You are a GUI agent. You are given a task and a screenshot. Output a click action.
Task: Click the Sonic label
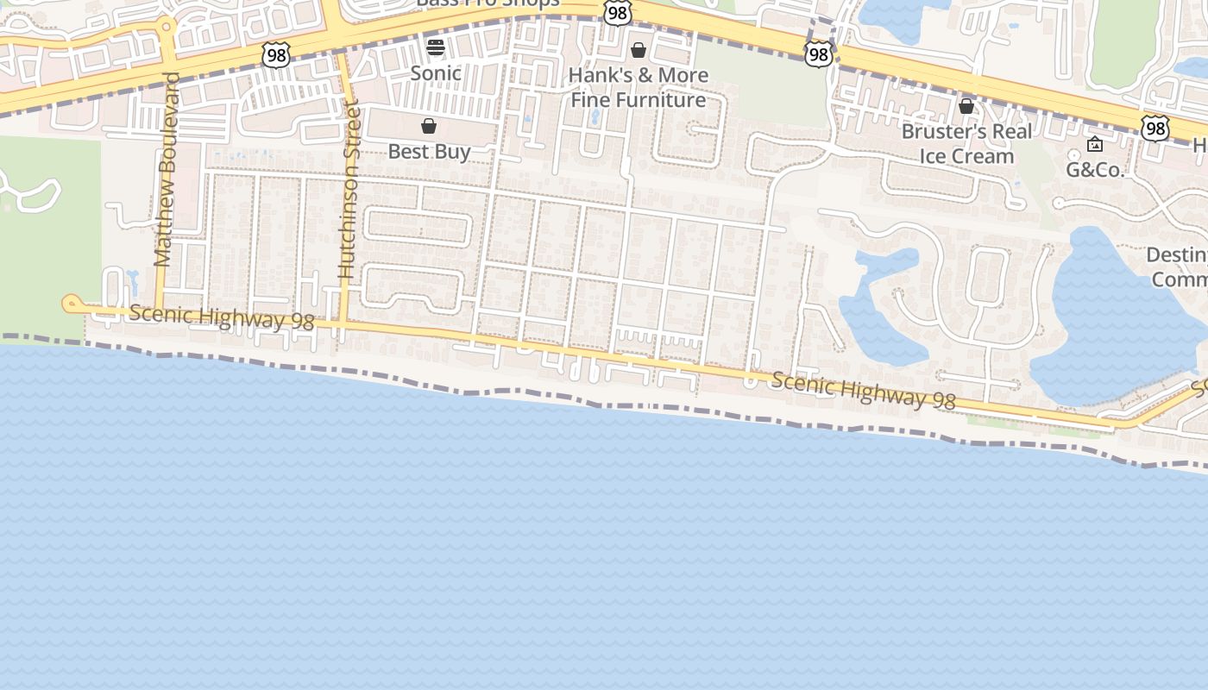(x=436, y=73)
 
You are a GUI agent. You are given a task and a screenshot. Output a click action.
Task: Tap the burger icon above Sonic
(x=436, y=47)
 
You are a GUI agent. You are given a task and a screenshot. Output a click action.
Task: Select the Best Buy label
(x=429, y=152)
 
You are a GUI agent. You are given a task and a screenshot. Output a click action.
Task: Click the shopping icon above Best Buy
(x=429, y=127)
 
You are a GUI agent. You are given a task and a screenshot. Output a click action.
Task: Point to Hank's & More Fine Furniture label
(x=639, y=87)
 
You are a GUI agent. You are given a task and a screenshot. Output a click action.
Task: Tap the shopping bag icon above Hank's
(x=639, y=50)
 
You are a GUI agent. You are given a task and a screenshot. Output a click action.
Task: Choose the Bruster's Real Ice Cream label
(x=966, y=143)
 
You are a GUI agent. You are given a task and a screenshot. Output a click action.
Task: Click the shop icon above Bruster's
(x=966, y=106)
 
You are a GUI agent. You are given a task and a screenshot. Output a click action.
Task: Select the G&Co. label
(x=1096, y=169)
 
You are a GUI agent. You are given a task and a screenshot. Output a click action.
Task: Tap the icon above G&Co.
(x=1095, y=144)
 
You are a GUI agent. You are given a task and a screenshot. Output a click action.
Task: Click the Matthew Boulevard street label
(x=166, y=169)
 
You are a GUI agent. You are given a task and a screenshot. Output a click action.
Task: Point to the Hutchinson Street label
(x=349, y=189)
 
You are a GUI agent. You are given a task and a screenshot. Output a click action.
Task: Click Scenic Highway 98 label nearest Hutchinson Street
(x=222, y=317)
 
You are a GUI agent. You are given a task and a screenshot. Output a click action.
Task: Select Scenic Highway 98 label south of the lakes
(x=864, y=390)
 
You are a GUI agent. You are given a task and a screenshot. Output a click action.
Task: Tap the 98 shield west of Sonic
(x=276, y=55)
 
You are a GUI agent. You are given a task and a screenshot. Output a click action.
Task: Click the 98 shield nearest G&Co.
(x=1155, y=129)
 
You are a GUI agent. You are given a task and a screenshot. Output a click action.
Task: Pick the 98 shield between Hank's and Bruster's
(x=817, y=55)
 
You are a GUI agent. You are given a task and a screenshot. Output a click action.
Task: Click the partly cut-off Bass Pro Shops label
(x=488, y=3)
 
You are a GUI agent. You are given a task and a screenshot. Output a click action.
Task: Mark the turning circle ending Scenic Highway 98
(x=72, y=303)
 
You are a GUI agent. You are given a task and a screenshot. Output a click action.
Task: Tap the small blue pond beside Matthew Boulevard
(x=132, y=279)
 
